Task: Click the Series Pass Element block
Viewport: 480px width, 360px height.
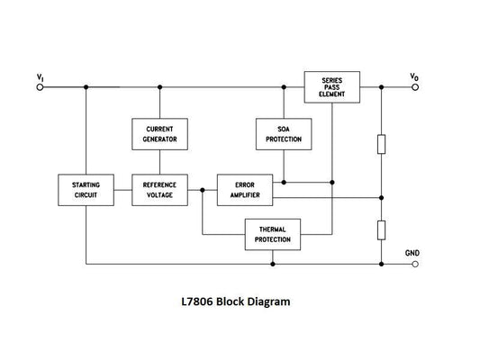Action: [331, 86]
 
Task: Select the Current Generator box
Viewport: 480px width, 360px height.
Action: [159, 135]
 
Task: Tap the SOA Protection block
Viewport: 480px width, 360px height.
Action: [283, 135]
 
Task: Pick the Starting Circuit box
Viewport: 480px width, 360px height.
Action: [86, 190]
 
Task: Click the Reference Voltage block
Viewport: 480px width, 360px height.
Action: [159, 190]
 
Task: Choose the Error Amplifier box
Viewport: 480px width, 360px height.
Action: [244, 190]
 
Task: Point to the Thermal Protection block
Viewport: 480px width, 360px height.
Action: [272, 236]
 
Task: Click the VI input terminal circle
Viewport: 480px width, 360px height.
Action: [40, 87]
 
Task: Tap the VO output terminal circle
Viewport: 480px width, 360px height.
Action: [413, 87]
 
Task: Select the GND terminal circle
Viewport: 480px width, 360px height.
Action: [413, 265]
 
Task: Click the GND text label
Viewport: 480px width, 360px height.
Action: [412, 252]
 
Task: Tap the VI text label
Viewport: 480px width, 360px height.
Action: [41, 76]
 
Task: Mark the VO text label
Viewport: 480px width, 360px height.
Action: [413, 76]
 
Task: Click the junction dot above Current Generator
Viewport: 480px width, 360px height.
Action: [159, 87]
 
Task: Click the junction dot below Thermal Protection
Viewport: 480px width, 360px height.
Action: [272, 265]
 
